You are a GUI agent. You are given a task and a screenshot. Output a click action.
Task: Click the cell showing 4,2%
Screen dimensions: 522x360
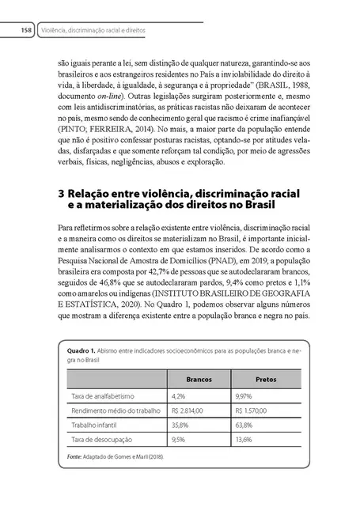177,395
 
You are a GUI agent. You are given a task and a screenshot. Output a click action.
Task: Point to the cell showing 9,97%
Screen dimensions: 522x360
245,395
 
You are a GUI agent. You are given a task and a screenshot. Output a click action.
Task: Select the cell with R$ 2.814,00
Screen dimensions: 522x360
188,410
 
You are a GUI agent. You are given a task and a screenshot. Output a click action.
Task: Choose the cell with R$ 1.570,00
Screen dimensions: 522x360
256,410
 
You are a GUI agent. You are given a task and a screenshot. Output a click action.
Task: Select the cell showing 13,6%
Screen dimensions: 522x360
245,438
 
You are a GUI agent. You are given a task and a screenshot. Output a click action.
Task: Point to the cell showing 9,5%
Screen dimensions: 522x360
177,438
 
